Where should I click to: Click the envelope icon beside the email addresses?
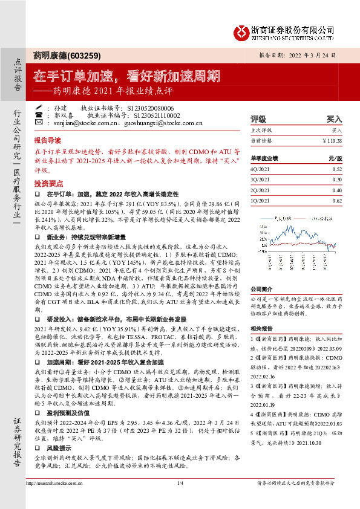tap(39, 123)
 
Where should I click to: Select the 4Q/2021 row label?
tap(260, 169)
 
